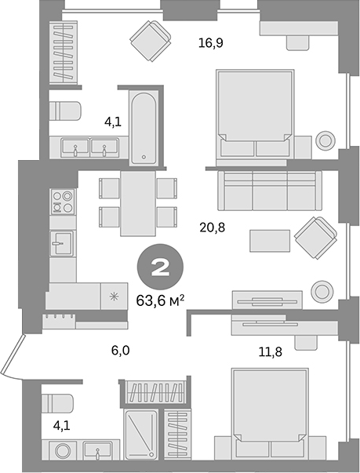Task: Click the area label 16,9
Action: click(211, 42)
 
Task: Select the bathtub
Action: click(144, 128)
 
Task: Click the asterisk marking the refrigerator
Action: click(114, 296)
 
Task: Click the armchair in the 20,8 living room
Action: click(315, 235)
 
